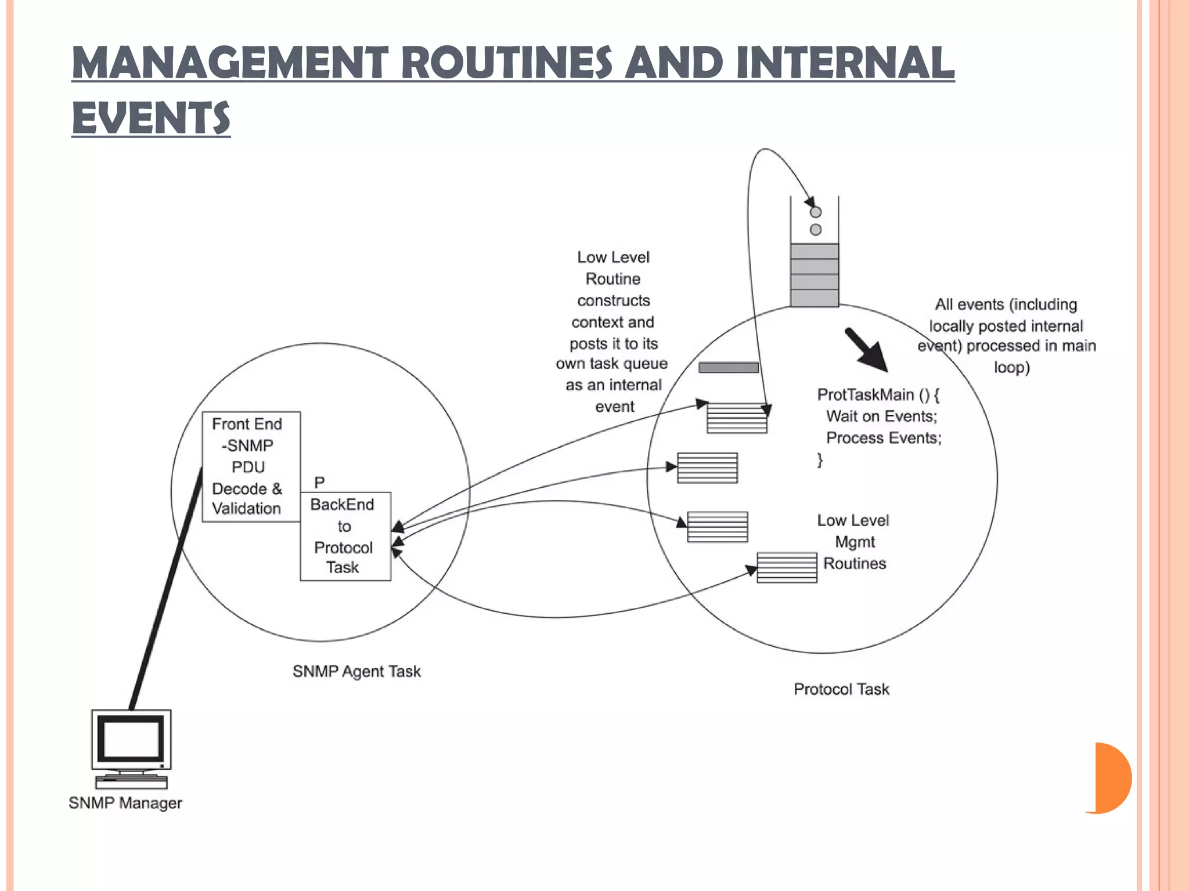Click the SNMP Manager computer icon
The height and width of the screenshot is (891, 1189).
[131, 748]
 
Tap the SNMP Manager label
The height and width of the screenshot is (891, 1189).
[125, 803]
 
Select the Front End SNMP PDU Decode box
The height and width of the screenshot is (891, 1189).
[251, 466]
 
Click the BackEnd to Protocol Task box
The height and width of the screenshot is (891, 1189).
[345, 536]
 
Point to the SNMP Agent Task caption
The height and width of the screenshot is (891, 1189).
[356, 671]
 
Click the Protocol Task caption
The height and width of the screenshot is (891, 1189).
[841, 689]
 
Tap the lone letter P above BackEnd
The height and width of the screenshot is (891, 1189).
[319, 483]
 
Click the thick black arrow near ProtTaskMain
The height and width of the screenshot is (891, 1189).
[866, 350]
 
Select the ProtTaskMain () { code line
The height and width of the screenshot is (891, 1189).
[878, 394]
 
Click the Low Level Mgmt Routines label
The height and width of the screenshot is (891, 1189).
[854, 542]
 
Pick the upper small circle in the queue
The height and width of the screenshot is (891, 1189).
[816, 212]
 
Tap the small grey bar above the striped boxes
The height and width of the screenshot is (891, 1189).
[729, 367]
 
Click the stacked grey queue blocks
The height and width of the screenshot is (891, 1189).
[815, 275]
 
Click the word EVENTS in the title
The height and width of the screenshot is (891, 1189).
[151, 118]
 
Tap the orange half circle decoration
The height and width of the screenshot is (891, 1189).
[1112, 778]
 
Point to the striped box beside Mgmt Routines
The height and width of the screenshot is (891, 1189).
[787, 567]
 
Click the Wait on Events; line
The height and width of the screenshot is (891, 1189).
[881, 416]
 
